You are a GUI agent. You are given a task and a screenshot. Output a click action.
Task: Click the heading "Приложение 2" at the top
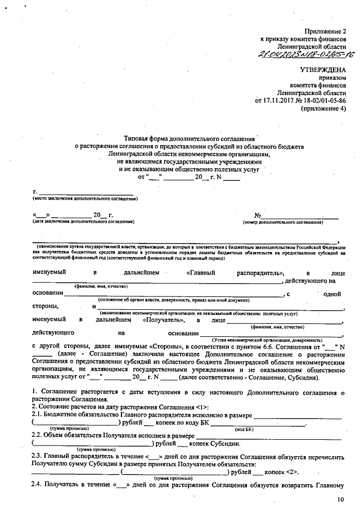click(326, 30)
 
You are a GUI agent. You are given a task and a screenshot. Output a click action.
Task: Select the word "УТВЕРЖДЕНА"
click(323, 70)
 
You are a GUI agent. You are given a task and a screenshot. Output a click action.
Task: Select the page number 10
click(340, 499)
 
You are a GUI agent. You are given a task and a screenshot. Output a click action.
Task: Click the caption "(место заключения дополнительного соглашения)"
click(85, 199)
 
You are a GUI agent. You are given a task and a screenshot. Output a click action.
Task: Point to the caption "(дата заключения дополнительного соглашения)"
click(84, 222)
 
